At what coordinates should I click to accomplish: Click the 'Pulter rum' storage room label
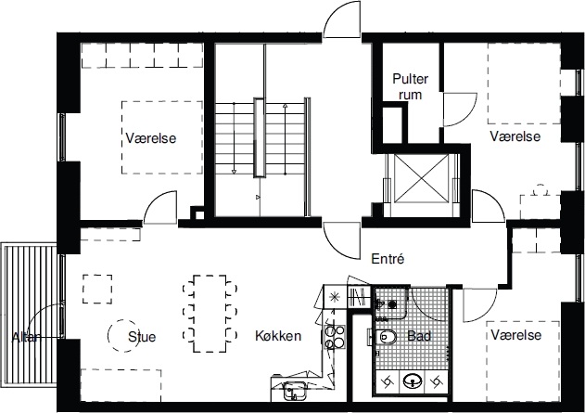click(x=409, y=86)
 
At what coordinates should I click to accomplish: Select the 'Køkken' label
click(x=277, y=336)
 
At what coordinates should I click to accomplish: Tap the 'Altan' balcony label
click(x=26, y=337)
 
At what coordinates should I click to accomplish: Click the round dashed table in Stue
click(x=121, y=335)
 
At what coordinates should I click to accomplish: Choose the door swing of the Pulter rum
click(x=455, y=110)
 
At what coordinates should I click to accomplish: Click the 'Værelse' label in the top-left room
click(x=150, y=138)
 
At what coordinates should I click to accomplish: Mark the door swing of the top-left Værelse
click(x=163, y=205)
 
